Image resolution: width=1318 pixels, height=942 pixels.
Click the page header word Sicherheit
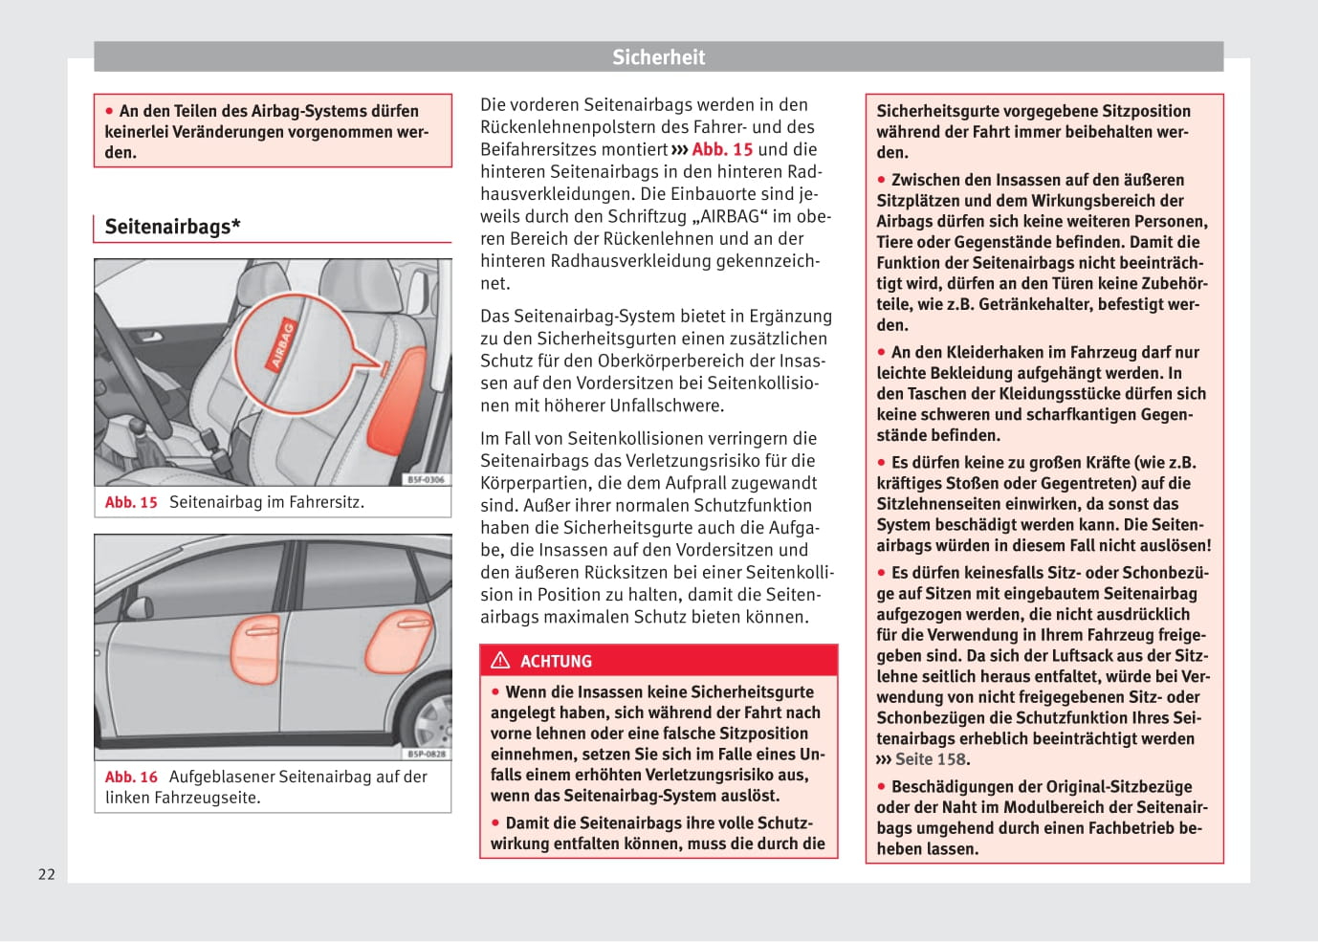pos(658,57)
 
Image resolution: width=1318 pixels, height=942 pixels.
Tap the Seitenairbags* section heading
pos(172,227)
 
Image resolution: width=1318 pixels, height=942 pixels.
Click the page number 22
pos(47,874)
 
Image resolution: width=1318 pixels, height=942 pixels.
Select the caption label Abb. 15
pos(131,502)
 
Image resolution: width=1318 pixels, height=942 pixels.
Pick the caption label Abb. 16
pos(131,777)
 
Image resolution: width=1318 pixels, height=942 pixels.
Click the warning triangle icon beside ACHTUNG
pos(500,661)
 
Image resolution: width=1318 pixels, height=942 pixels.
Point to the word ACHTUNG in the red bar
pos(556,662)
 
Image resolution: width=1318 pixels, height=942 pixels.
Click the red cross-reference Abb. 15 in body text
pos(722,149)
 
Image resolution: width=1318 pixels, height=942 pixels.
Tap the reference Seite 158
pos(931,759)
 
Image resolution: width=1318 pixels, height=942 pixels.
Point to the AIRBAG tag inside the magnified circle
pos(283,345)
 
